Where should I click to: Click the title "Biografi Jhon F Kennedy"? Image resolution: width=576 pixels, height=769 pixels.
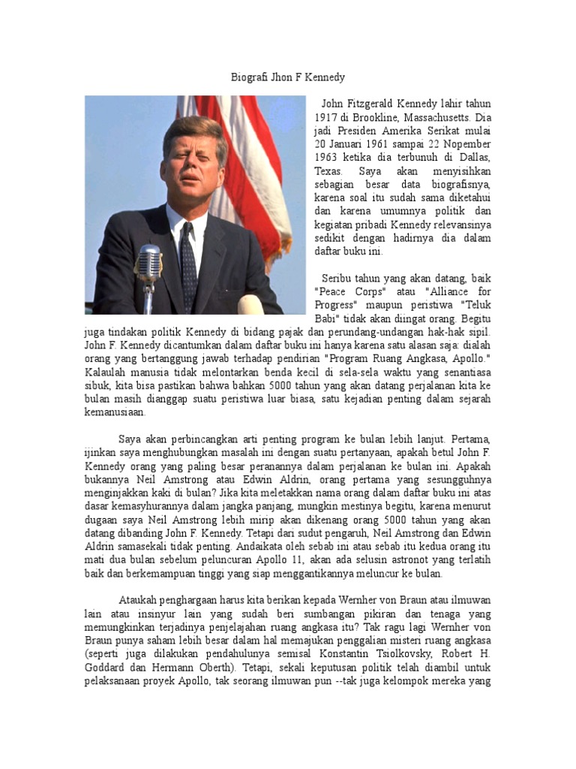pyautogui.click(x=287, y=77)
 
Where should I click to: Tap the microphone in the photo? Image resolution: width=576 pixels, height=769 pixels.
pyautogui.click(x=148, y=264)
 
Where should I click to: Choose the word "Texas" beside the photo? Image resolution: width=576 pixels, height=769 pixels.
pyautogui.click(x=328, y=171)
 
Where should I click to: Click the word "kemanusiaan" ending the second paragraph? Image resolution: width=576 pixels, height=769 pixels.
pyautogui.click(x=115, y=413)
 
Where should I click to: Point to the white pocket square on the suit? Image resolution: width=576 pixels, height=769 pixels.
pyautogui.click(x=251, y=304)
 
